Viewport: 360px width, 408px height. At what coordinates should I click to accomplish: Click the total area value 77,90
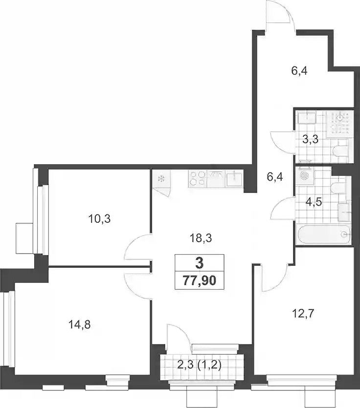(200, 281)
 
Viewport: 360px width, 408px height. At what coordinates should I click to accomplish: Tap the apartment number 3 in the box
(200, 263)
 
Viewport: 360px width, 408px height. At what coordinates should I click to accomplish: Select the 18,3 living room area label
(201, 238)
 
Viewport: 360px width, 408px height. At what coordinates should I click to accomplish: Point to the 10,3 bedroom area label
(99, 219)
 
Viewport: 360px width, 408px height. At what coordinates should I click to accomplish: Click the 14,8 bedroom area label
(80, 325)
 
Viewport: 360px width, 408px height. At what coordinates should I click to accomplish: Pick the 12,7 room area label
(303, 314)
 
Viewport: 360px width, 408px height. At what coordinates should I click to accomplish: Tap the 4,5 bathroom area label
(314, 202)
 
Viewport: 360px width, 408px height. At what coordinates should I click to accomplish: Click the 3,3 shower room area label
(311, 140)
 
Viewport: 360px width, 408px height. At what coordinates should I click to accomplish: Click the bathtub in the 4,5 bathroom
(323, 234)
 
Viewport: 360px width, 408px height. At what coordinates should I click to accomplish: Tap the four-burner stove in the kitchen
(197, 179)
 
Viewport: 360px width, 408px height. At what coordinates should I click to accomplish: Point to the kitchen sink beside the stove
(234, 179)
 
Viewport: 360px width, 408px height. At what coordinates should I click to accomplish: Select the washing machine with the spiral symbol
(305, 175)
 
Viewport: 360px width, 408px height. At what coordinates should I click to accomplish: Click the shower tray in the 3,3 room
(339, 125)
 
